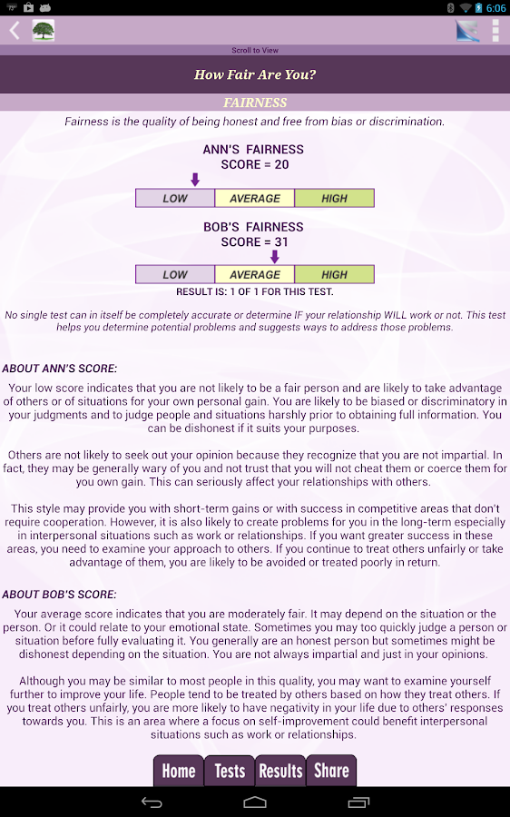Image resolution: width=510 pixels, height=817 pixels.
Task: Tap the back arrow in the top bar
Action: tap(15, 31)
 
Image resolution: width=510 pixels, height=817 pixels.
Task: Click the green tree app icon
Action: tap(43, 31)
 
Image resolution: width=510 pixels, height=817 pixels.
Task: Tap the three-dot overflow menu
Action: tap(495, 31)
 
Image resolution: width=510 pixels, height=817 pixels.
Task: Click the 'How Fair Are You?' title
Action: tap(255, 75)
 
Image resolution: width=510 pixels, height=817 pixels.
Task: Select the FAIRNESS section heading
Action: tap(255, 103)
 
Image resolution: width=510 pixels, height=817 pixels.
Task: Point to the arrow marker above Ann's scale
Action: tap(195, 180)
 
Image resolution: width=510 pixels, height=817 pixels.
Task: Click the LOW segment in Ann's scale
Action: tap(175, 198)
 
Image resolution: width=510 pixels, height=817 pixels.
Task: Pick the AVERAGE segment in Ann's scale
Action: tap(255, 198)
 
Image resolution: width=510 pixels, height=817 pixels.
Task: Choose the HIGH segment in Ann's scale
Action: tap(334, 198)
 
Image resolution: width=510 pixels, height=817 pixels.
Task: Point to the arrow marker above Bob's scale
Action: tap(275, 257)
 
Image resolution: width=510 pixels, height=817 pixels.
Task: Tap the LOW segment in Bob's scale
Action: tap(175, 274)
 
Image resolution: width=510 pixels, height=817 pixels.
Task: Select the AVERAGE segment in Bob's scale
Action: tap(255, 274)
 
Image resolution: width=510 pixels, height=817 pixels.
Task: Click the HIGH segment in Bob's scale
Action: tap(334, 274)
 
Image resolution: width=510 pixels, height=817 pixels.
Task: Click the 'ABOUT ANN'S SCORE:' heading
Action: tap(59, 369)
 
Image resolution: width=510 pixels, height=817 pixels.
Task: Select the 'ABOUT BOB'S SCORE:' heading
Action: tap(59, 595)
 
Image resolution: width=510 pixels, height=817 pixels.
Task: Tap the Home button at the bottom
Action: tap(178, 771)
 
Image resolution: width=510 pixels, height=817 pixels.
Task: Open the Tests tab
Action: tap(230, 771)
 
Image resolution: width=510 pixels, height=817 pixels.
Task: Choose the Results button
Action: tap(280, 771)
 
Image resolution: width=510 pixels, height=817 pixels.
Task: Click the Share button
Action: tap(331, 771)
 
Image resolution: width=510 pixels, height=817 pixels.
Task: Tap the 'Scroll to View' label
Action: tap(255, 51)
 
